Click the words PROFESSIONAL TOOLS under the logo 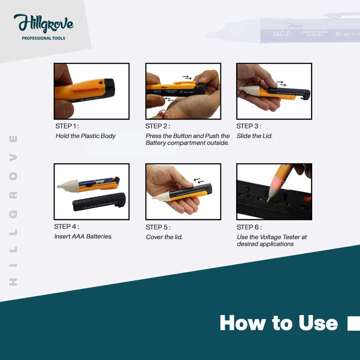pyautogui.click(x=43, y=38)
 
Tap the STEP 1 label pyautogui.click(x=67, y=126)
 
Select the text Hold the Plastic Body pyautogui.click(x=86, y=136)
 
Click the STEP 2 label pyautogui.click(x=158, y=126)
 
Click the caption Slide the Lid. pyautogui.click(x=254, y=136)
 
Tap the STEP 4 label pyautogui.click(x=67, y=227)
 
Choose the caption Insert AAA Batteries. pyautogui.click(x=83, y=236)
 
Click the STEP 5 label pyautogui.click(x=158, y=227)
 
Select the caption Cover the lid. pyautogui.click(x=164, y=237)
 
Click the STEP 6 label pyautogui.click(x=249, y=227)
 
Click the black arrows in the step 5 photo pyautogui.click(x=199, y=181)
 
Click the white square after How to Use pyautogui.click(x=353, y=323)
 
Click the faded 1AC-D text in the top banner pyautogui.click(x=281, y=34)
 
